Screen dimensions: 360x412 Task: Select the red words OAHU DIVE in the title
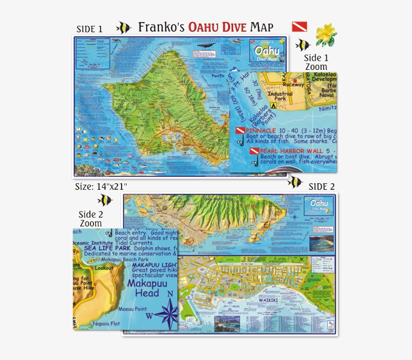[x=217, y=27]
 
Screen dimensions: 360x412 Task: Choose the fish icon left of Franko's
[x=124, y=27]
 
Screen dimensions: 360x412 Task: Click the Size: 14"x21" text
[x=101, y=186]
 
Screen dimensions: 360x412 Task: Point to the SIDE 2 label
[x=322, y=186]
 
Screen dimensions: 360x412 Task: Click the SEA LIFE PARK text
[x=107, y=248]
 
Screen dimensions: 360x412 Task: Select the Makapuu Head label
[x=143, y=289]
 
